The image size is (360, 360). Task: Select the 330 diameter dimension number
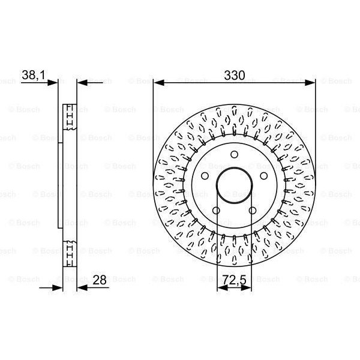(234, 76)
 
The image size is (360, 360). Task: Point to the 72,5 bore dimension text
(234, 279)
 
